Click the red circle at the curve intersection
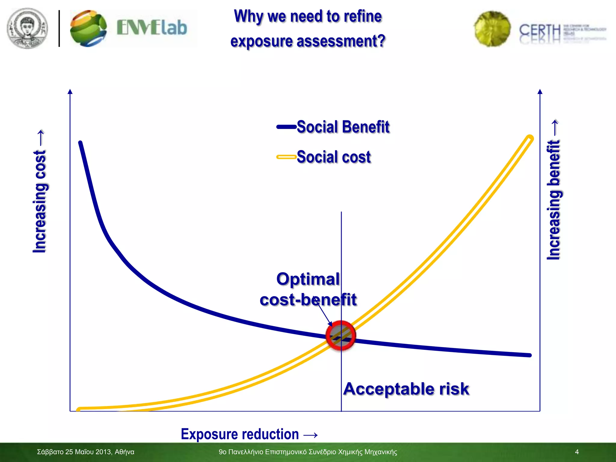(x=341, y=336)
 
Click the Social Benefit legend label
(x=343, y=127)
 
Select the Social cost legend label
(x=334, y=157)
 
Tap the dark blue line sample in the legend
(x=286, y=127)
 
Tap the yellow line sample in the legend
(x=286, y=157)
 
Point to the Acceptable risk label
(x=406, y=389)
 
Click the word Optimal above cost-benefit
(x=308, y=279)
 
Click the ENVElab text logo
(x=152, y=28)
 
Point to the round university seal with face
(x=27, y=28)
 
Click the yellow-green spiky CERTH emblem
(x=492, y=29)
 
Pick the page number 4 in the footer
(x=577, y=452)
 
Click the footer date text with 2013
(x=85, y=452)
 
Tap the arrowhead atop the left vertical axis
(x=70, y=91)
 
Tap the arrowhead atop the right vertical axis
(x=540, y=91)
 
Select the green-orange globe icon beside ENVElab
(x=88, y=29)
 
